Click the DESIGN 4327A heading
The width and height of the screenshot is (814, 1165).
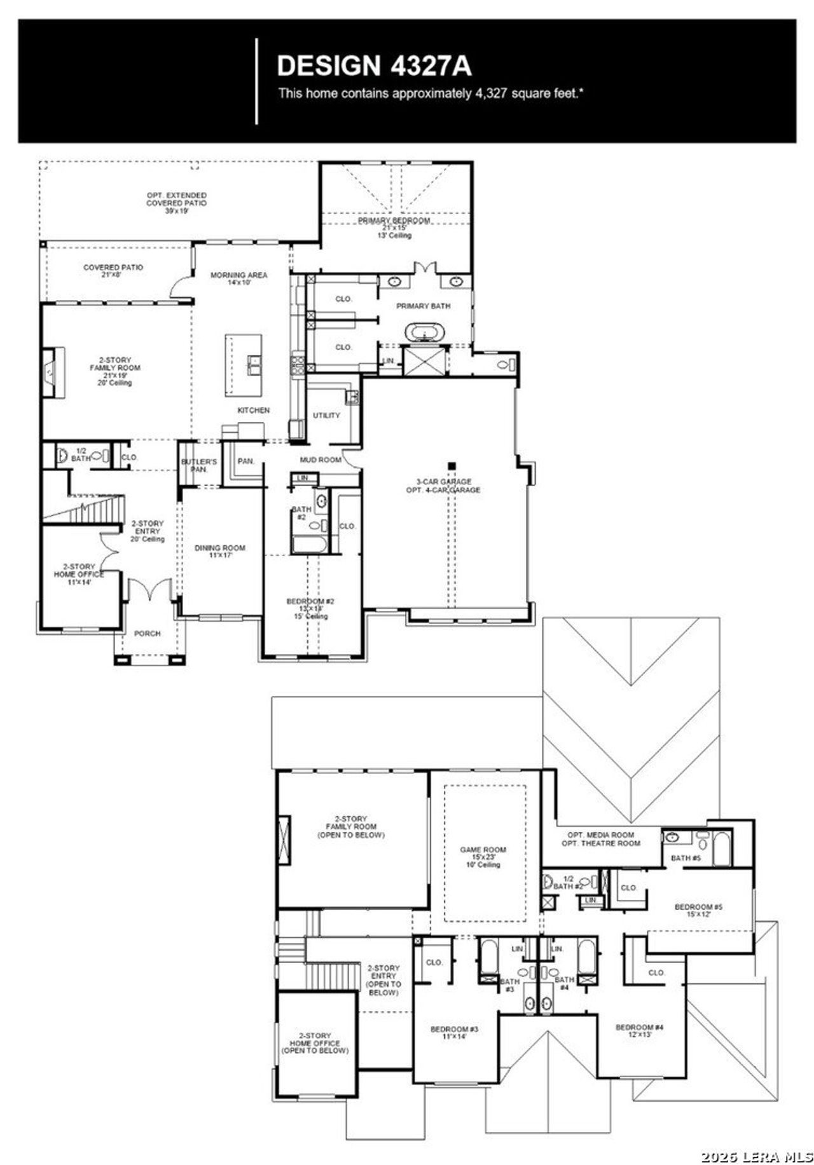[x=374, y=66]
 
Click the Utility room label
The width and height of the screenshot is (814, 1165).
[x=326, y=415]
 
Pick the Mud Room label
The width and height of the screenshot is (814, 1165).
[x=321, y=460]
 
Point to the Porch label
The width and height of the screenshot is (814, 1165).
[x=147, y=634]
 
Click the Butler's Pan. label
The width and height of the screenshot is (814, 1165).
[x=199, y=465]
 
